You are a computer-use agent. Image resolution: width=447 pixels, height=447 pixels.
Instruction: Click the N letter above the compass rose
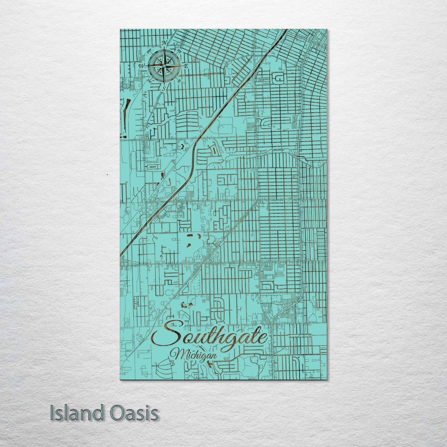click(165, 43)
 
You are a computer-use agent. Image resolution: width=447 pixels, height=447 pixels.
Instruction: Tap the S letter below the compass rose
click(164, 88)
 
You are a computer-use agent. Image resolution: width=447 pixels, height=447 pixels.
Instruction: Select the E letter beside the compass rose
click(186, 66)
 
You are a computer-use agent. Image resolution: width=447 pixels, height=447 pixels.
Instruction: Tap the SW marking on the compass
click(149, 80)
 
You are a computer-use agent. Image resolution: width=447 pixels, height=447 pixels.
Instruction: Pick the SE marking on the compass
click(179, 81)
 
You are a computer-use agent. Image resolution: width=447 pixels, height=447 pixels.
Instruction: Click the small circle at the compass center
click(164, 66)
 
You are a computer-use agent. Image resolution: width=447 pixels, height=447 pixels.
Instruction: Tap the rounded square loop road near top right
click(279, 79)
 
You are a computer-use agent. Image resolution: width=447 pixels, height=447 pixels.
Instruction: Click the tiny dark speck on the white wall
click(107, 175)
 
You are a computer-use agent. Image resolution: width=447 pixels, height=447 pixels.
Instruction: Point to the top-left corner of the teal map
click(120, 29)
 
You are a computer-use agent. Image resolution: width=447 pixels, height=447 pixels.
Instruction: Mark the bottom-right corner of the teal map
click(327, 380)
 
